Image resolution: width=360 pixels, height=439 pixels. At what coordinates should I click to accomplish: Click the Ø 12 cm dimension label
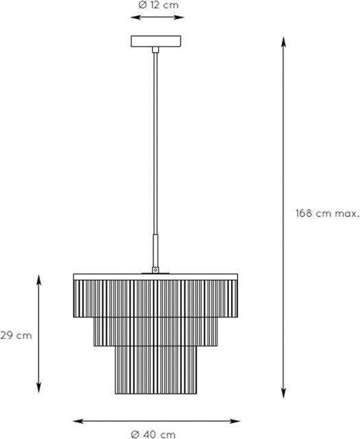click(158, 5)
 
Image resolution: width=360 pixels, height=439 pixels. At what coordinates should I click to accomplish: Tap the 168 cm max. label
click(327, 213)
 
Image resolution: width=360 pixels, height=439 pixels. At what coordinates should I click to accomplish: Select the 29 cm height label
click(16, 335)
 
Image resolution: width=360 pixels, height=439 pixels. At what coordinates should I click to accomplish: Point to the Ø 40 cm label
click(153, 434)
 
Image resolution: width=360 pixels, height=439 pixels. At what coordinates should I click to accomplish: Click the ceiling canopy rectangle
click(156, 41)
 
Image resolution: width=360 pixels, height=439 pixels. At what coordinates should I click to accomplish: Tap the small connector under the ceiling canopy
click(156, 50)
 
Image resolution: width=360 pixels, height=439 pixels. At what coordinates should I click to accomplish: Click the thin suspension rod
click(156, 143)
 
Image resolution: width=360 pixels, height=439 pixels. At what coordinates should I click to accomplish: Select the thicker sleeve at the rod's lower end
click(156, 250)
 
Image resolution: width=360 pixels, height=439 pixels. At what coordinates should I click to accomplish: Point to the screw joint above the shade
click(156, 270)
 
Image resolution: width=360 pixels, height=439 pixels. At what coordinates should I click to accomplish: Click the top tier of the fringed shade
click(156, 299)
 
